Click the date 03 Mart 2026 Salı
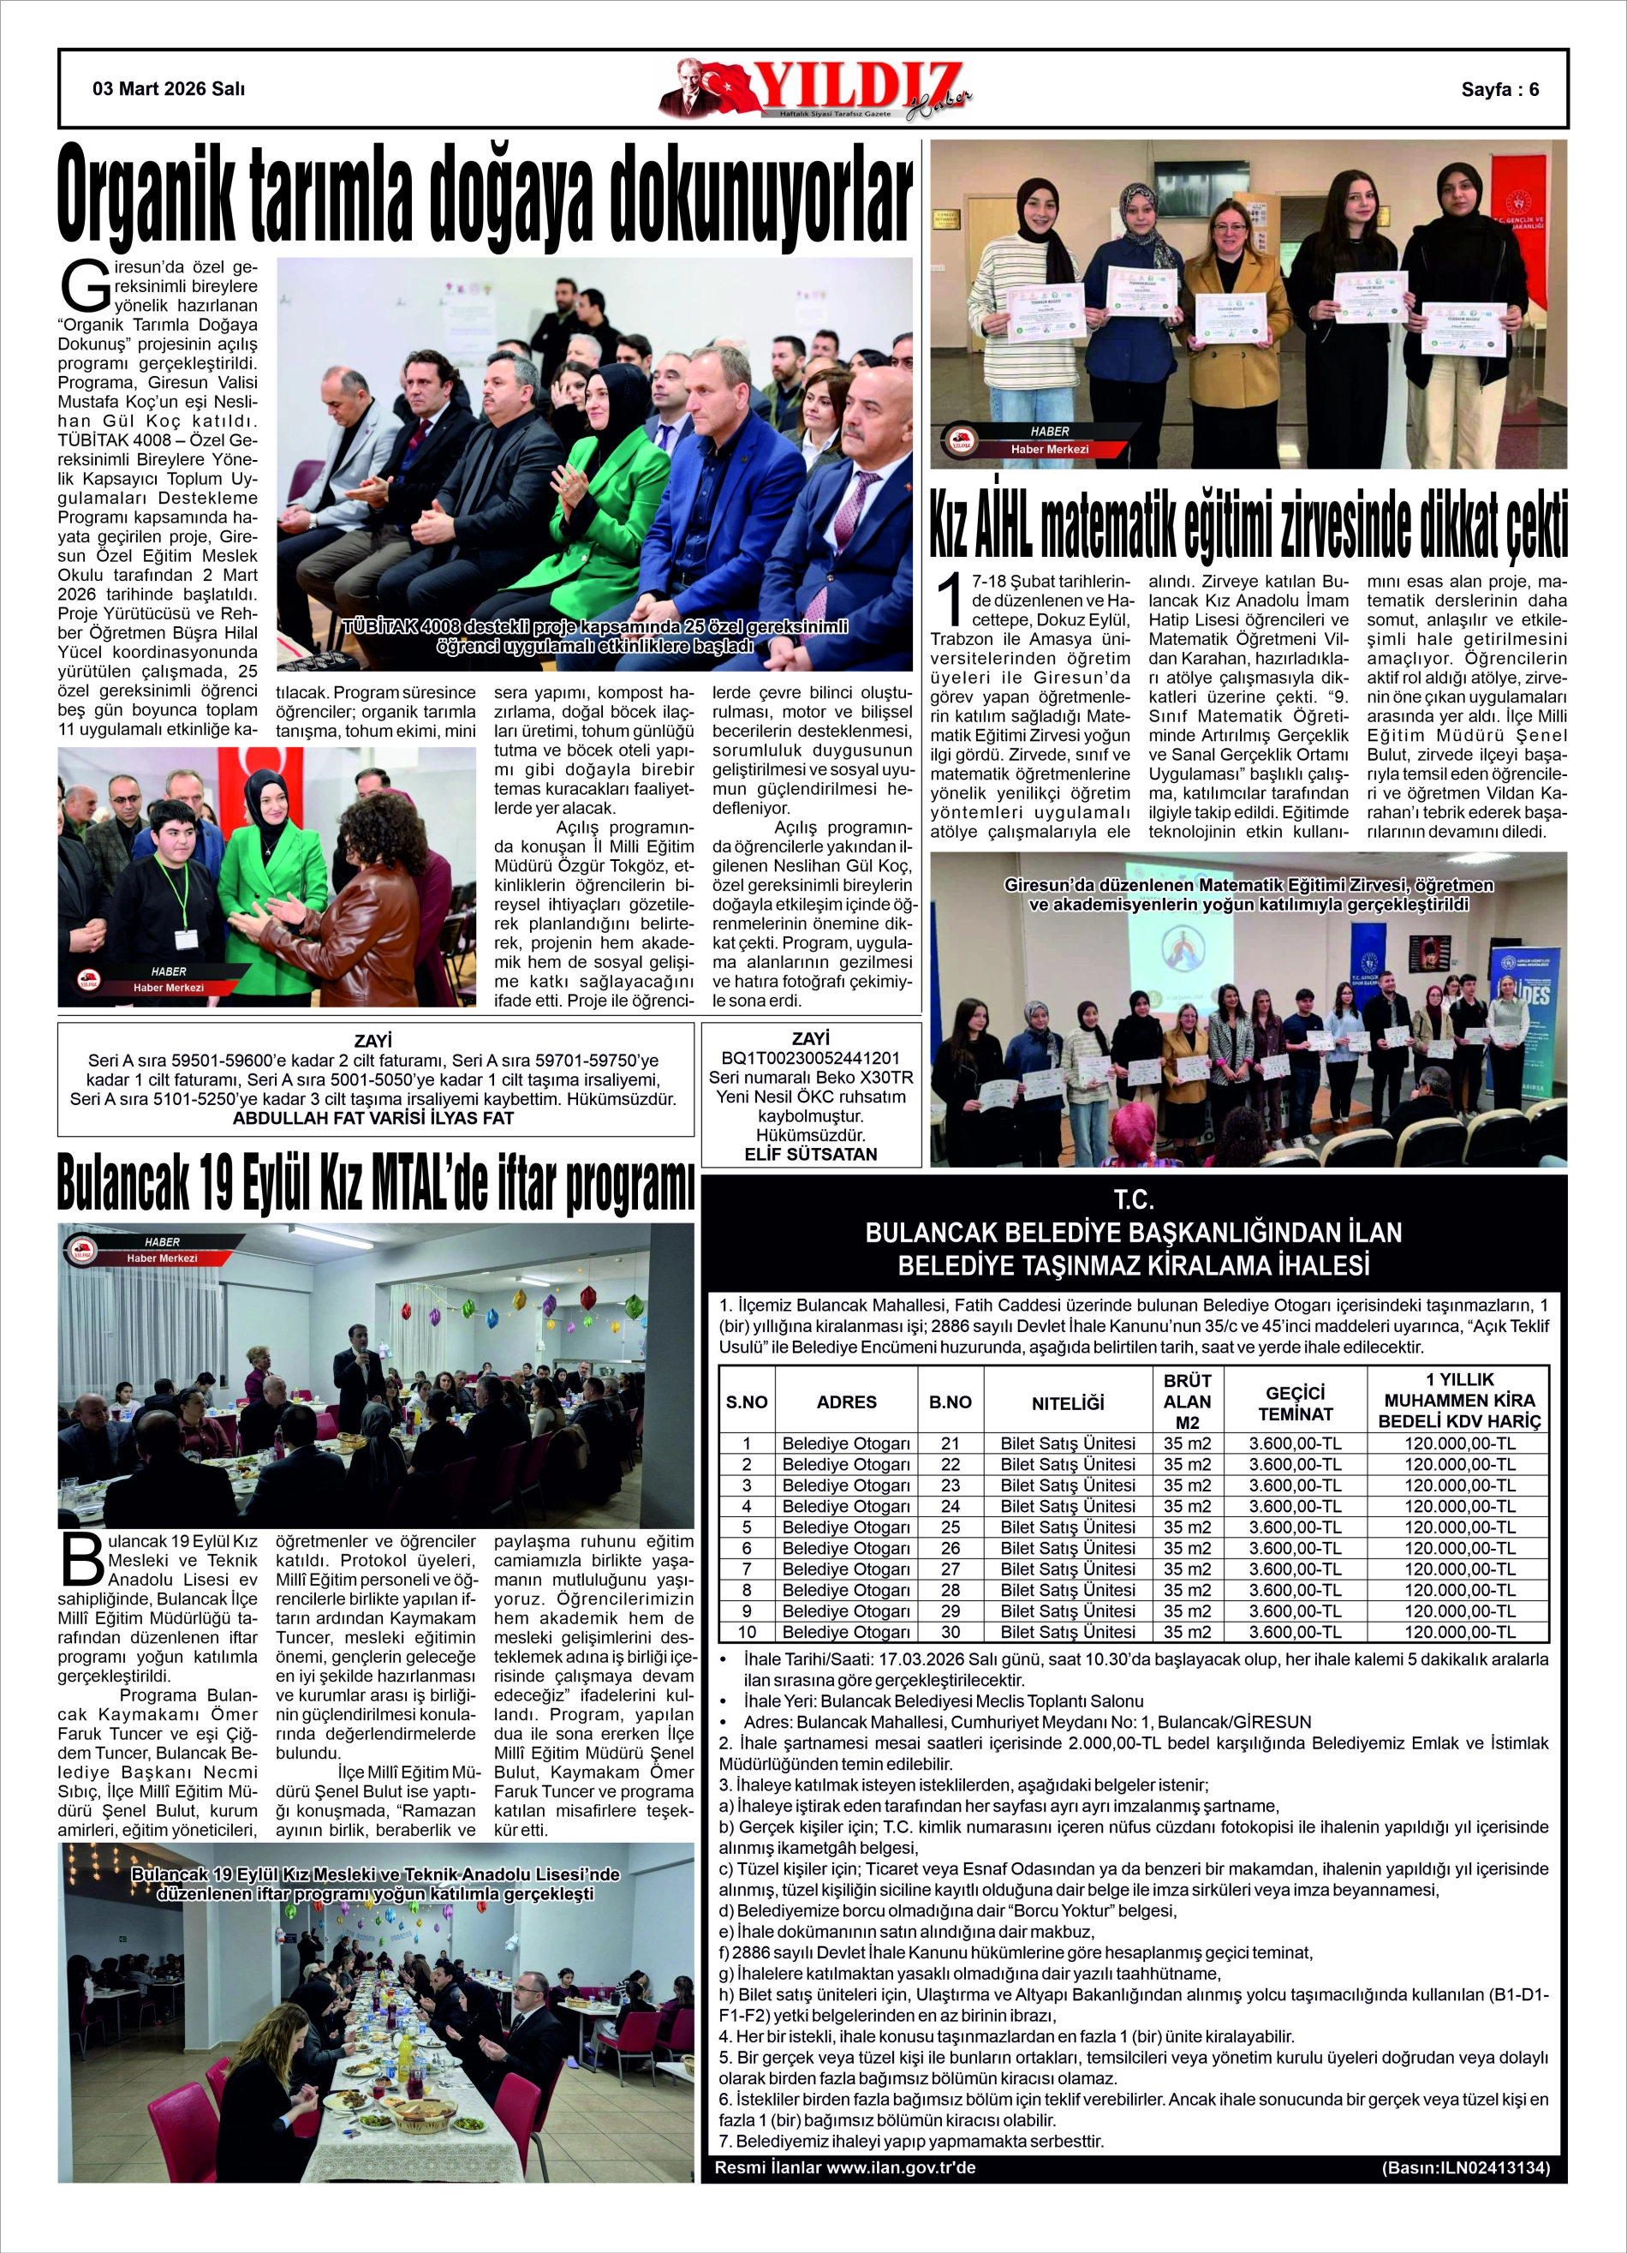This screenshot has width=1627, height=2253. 169,88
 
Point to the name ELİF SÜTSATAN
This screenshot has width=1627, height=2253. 811,1153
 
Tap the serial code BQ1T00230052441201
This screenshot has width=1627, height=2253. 811,1058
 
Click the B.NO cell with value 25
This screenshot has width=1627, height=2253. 950,1527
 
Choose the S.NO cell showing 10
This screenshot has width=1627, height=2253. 746,1631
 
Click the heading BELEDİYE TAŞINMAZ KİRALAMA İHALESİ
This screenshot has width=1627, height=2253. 1134,1264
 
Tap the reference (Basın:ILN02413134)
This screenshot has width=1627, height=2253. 1464,2167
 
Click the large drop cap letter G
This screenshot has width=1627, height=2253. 82,285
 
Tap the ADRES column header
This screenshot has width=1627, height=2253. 846,1401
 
